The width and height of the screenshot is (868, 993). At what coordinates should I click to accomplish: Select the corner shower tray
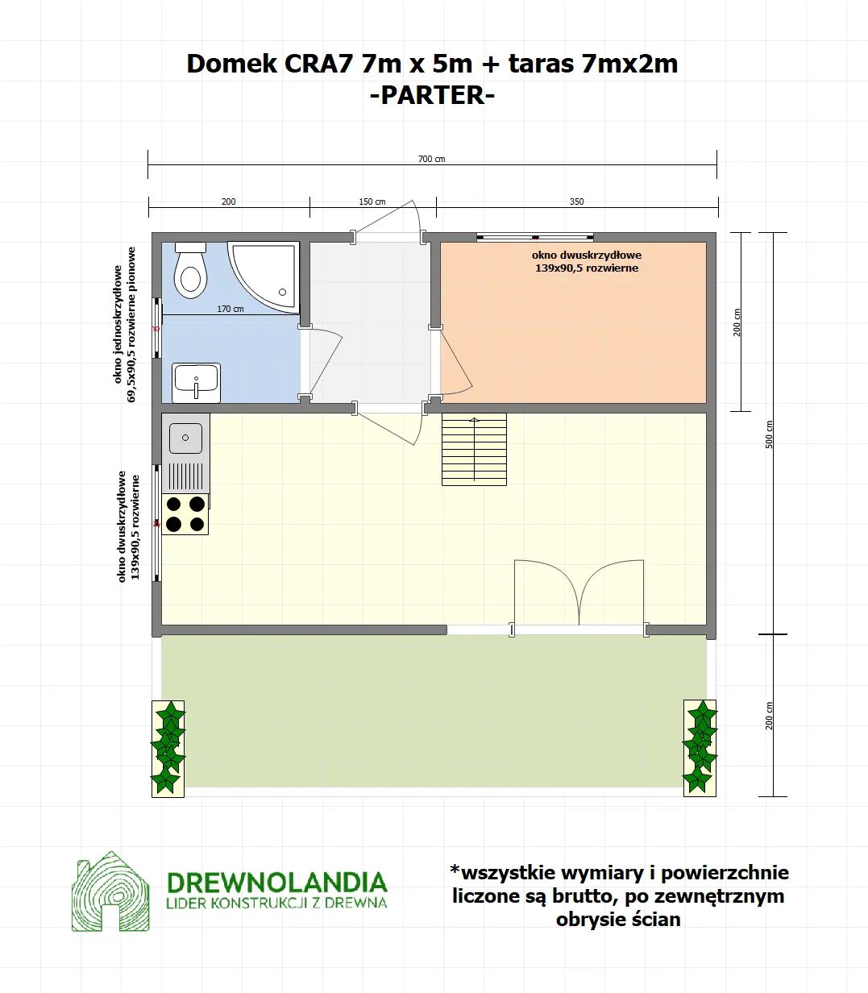click(x=265, y=274)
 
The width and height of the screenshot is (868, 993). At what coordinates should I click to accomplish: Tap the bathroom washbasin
click(x=196, y=381)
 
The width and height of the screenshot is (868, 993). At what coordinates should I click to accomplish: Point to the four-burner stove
click(x=185, y=514)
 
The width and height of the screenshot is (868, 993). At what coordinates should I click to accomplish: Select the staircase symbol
click(x=474, y=449)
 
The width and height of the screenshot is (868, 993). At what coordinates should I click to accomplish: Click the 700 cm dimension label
click(x=431, y=159)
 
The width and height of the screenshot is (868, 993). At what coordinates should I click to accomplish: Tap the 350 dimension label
click(x=576, y=202)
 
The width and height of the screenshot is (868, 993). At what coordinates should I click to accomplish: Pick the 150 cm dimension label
click(x=372, y=202)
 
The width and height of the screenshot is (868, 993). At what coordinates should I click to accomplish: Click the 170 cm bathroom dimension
click(x=230, y=309)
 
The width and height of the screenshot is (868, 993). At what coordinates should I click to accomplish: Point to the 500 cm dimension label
click(x=769, y=434)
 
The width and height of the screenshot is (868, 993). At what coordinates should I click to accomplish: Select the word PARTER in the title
click(x=431, y=95)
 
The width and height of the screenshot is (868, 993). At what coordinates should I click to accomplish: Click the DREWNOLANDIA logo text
click(x=276, y=882)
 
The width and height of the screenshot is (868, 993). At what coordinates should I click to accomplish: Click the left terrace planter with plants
click(x=168, y=748)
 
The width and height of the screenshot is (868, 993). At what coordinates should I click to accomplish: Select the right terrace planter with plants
click(x=700, y=748)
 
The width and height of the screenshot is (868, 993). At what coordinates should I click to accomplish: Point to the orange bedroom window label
click(x=587, y=261)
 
